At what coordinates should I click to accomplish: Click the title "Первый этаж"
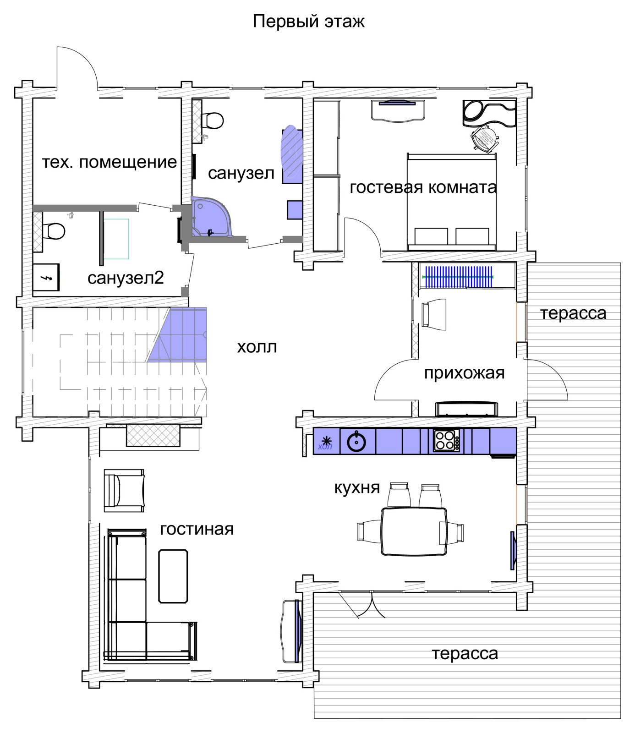tap(308, 22)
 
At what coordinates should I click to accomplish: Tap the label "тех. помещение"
tap(109, 162)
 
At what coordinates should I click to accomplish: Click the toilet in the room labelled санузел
tap(212, 120)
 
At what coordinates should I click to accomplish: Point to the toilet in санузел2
tap(54, 230)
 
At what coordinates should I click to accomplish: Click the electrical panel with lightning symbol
tap(46, 277)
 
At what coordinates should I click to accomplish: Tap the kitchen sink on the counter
tap(356, 442)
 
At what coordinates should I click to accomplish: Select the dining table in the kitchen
tap(414, 531)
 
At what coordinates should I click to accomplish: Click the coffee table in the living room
tap(173, 576)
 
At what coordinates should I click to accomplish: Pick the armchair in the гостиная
tap(124, 490)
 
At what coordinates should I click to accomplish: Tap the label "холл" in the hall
tap(257, 347)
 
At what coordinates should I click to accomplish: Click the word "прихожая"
tap(464, 373)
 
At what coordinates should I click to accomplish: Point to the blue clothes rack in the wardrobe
tap(458, 277)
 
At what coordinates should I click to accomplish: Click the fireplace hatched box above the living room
tap(153, 435)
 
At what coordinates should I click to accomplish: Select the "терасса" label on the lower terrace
tap(465, 654)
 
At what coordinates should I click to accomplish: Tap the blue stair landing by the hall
tap(177, 335)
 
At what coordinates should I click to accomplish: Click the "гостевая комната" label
tap(423, 187)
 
